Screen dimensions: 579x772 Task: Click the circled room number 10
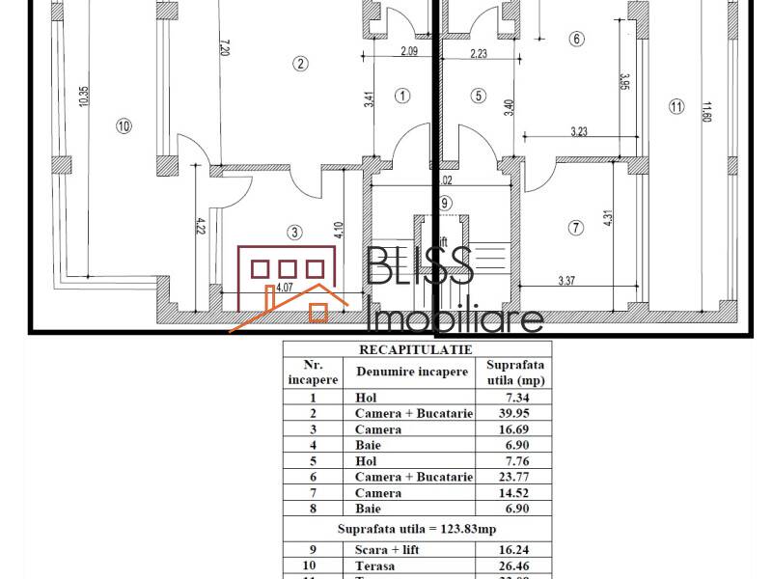[123, 124]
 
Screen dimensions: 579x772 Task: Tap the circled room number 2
[301, 65]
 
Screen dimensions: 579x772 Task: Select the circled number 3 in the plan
[294, 232]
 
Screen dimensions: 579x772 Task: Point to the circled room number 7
[576, 228]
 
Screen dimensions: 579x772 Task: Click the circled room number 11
[675, 107]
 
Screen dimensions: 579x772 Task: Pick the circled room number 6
[577, 40]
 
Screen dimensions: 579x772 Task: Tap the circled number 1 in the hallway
[402, 95]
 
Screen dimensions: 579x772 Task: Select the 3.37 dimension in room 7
[574, 282]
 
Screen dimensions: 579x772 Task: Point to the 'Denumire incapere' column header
[412, 372]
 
